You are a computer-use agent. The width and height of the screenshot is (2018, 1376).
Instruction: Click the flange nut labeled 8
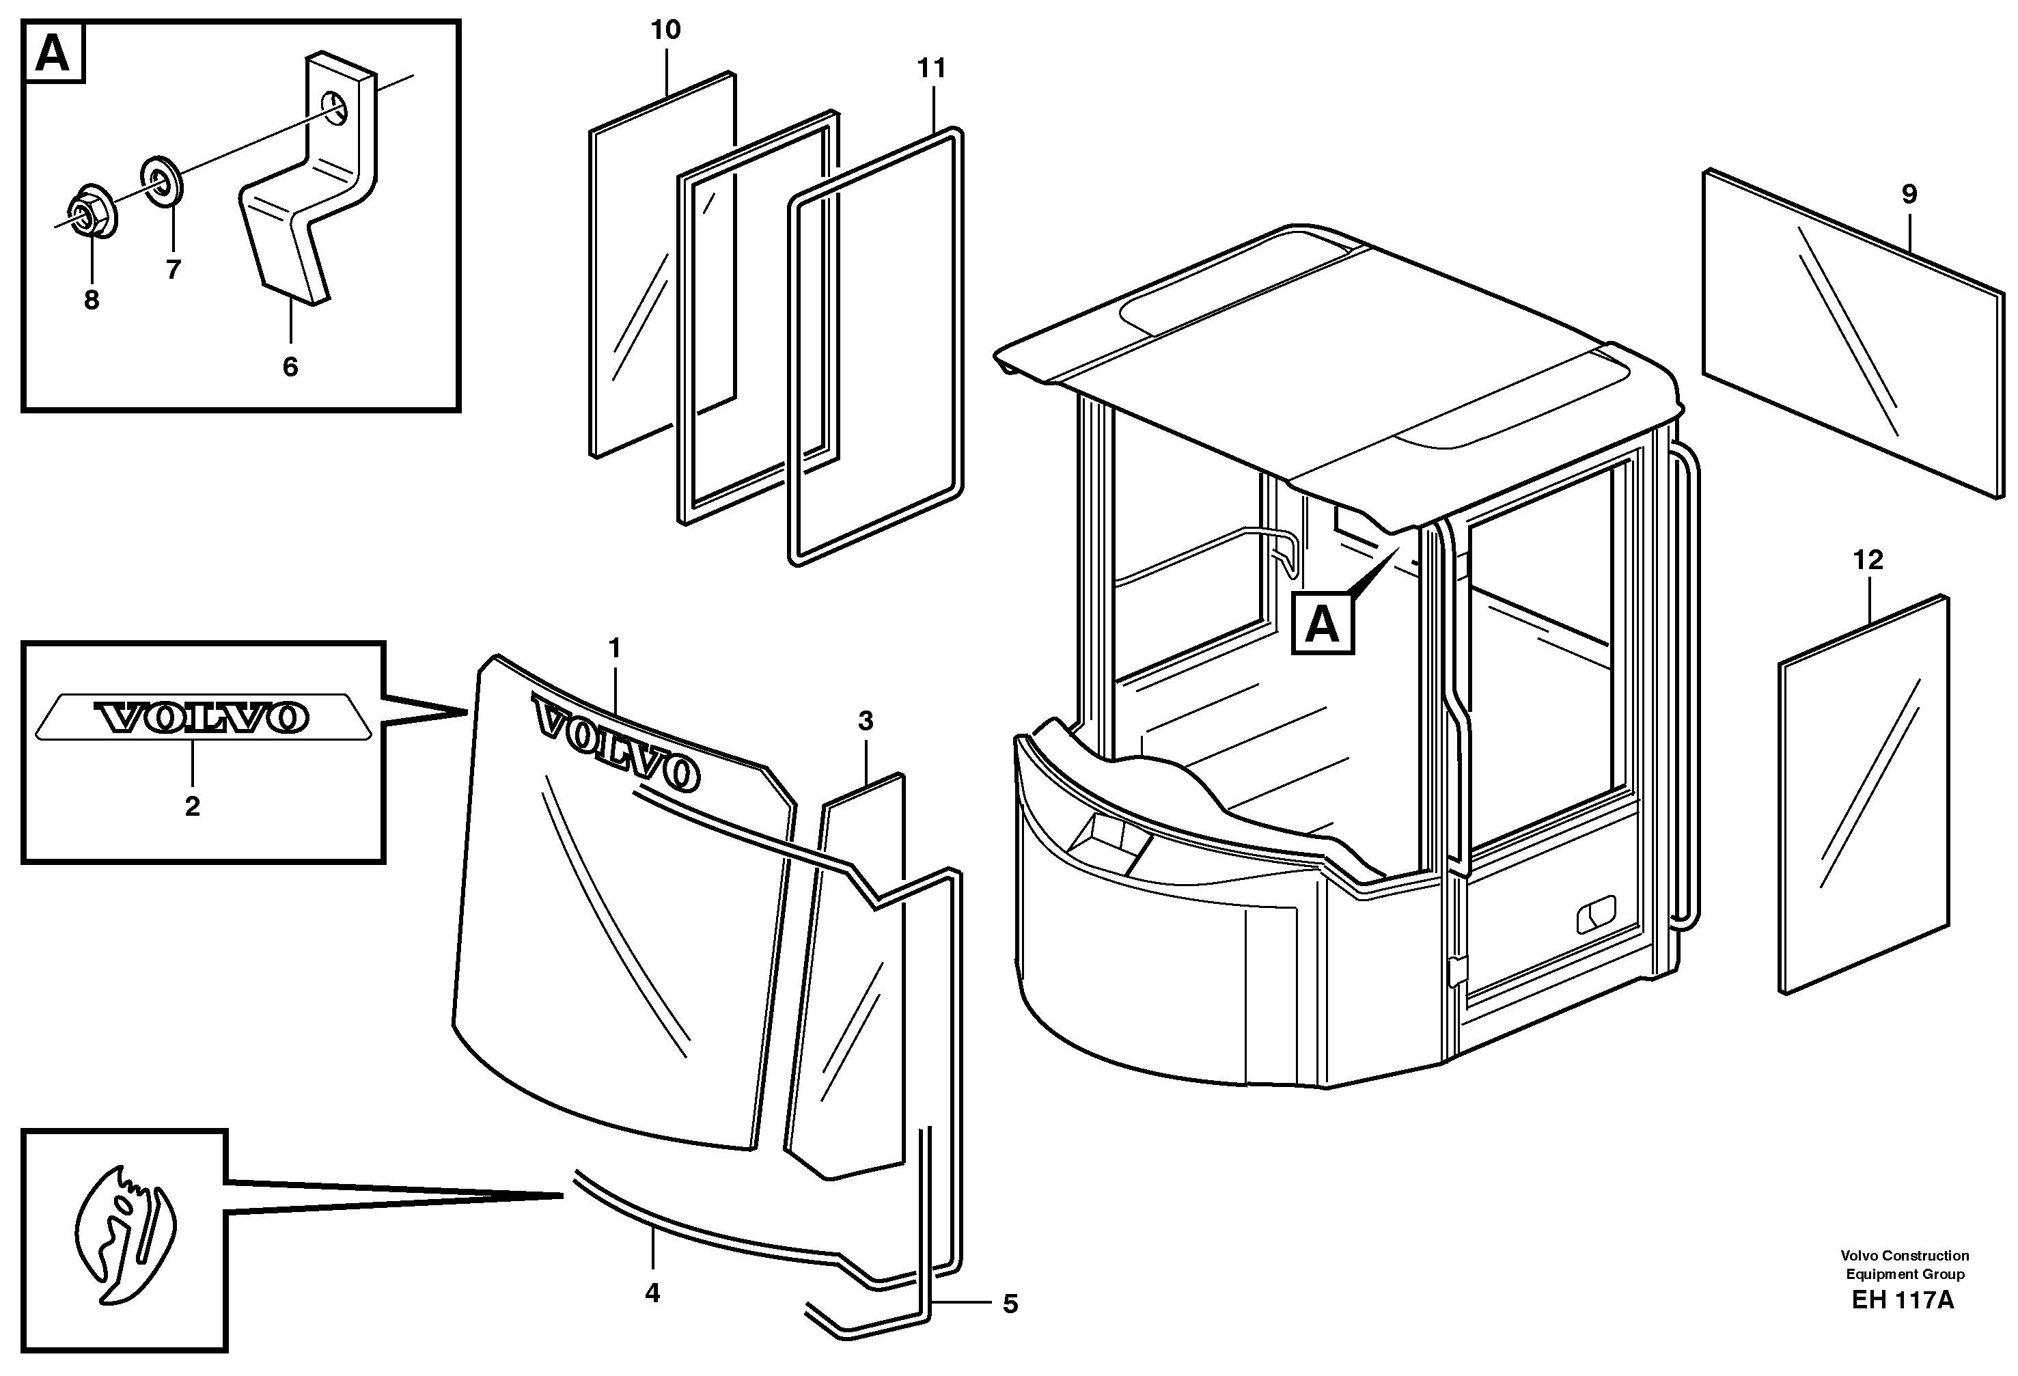pyautogui.click(x=89, y=210)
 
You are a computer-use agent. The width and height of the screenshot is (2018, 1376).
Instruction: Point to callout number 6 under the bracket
pyautogui.click(x=290, y=368)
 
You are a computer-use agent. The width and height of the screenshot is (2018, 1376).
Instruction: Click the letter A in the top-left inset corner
pyautogui.click(x=53, y=55)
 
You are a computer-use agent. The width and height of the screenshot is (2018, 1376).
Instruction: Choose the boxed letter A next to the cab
pyautogui.click(x=1323, y=624)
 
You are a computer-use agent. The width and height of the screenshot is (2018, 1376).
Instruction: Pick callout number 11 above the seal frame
pyautogui.click(x=931, y=68)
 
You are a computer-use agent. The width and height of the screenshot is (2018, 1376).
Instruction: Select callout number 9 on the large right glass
pyautogui.click(x=1909, y=195)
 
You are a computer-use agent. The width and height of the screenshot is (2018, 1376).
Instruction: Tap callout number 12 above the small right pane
pyautogui.click(x=1868, y=560)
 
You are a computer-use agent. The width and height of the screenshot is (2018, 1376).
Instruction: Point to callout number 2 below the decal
pyautogui.click(x=192, y=807)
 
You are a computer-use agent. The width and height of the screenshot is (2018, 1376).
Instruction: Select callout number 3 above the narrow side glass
pyautogui.click(x=865, y=721)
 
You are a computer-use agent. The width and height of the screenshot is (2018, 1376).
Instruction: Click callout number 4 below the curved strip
pyautogui.click(x=652, y=1293)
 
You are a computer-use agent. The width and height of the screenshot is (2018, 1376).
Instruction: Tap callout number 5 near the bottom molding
pyautogui.click(x=1010, y=1304)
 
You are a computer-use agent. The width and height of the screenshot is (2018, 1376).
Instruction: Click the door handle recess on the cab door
pyautogui.click(x=1596, y=915)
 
